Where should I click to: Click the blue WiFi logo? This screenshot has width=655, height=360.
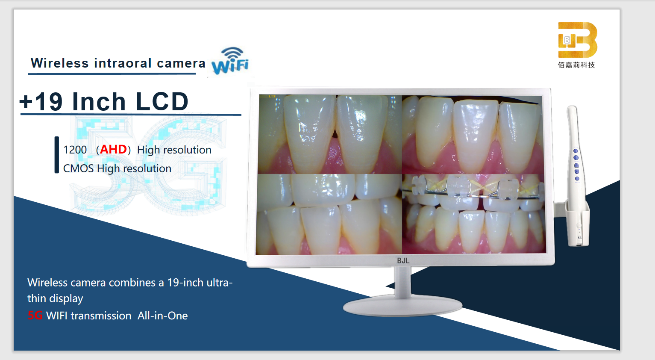coord(230,61)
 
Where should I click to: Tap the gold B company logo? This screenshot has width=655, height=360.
coord(578,40)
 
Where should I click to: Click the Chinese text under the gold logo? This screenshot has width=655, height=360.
coord(576,65)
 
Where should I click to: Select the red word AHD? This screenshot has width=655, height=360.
coord(113,150)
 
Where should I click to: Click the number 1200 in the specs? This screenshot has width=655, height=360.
coord(75,150)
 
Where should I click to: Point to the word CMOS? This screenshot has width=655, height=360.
coord(78,168)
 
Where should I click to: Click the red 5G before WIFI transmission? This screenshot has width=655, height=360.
coord(35,316)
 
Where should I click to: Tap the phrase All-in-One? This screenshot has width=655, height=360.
coord(163,316)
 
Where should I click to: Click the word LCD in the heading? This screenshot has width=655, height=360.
coord(162,101)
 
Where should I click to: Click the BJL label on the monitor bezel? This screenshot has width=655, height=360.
coord(403,261)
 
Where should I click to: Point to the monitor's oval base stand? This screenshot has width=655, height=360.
coord(402,307)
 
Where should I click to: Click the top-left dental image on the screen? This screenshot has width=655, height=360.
coord(330,134)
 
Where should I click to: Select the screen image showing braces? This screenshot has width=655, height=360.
coord(474,214)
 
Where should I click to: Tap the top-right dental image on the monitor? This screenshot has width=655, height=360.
coord(472,135)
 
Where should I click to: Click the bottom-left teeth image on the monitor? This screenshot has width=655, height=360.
coord(329,214)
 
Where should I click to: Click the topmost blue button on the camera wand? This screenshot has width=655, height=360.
coord(576,151)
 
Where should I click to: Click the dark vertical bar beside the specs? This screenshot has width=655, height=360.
coord(57,155)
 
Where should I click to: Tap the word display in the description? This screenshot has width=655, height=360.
coord(66,298)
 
